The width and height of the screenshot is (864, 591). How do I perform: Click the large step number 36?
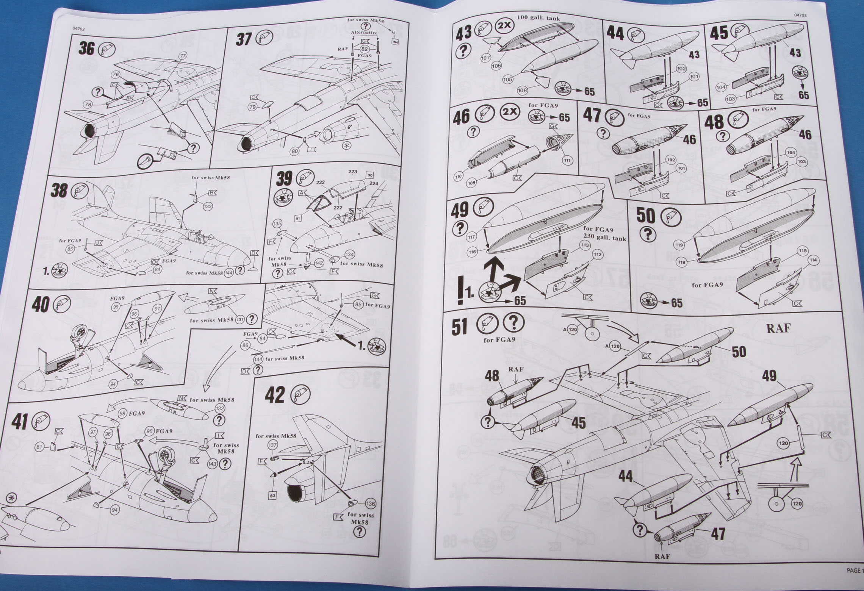[x=86, y=48]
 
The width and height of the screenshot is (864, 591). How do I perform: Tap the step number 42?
[x=274, y=396]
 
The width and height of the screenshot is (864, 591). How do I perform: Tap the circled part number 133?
[x=208, y=206]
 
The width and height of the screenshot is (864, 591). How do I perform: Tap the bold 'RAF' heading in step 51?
[x=778, y=328]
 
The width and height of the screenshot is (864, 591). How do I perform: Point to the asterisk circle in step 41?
[x=11, y=497]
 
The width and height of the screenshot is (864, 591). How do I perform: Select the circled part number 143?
[x=212, y=464]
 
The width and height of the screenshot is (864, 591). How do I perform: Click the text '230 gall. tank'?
[x=604, y=238]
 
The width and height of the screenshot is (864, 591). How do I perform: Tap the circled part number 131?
[x=240, y=320]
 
